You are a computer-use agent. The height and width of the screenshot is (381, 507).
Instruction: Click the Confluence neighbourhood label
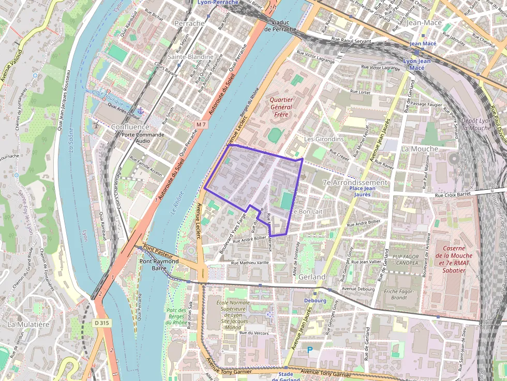[x=130, y=127]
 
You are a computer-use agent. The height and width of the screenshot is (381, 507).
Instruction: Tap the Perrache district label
[x=189, y=23]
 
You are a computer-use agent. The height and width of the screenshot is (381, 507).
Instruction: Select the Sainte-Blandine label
[x=190, y=56]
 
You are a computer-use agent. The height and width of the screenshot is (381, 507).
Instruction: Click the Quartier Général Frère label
[x=281, y=107]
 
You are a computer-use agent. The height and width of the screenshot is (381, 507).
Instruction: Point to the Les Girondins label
[x=324, y=139]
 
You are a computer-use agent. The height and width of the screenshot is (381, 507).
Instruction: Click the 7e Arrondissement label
[x=354, y=182]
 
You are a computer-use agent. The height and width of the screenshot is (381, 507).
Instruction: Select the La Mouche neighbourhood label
[x=419, y=148]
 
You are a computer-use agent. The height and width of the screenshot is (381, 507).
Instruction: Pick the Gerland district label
[x=312, y=277]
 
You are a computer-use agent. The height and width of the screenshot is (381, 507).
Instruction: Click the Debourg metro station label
[x=315, y=300]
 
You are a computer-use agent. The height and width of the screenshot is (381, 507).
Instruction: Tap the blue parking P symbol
[x=310, y=350]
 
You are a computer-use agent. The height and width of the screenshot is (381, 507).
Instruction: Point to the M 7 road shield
[x=201, y=125]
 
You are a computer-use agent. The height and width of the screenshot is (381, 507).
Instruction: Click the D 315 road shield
[x=103, y=323]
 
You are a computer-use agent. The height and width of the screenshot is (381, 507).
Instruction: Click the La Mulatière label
[x=28, y=324]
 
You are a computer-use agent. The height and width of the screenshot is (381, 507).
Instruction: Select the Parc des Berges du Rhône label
[x=176, y=316]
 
